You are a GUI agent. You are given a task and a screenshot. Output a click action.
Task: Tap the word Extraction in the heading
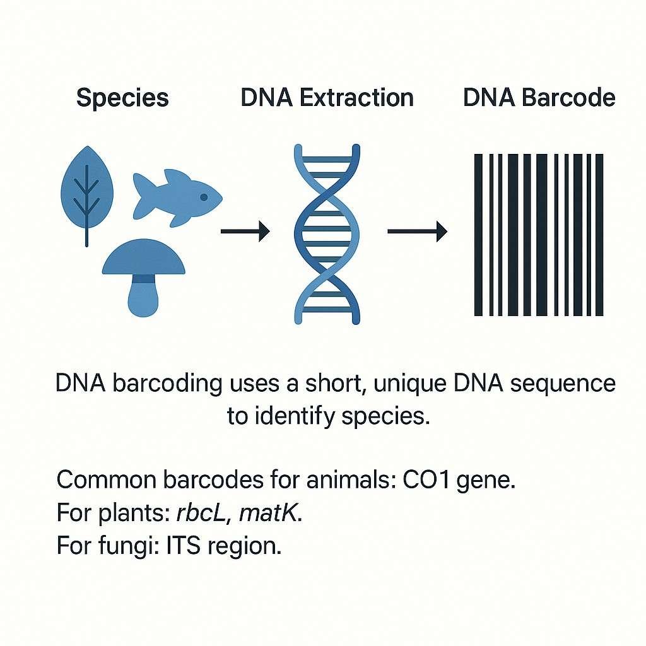coord(356,98)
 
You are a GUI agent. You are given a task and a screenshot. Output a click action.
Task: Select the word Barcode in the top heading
coord(568,98)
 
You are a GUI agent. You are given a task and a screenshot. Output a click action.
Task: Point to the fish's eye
coord(204,197)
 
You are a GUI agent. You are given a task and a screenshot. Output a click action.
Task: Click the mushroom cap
coord(143,257)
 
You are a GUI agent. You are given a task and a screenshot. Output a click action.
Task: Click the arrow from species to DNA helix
coord(245,231)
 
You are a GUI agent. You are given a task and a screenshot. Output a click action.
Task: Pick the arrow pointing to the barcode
coord(418,231)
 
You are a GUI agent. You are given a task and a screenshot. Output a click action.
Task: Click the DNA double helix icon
coord(327,234)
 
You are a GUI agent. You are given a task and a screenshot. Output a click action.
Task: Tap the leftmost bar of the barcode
coord(478,235)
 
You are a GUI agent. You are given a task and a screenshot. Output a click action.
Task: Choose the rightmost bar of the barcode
coord(599,235)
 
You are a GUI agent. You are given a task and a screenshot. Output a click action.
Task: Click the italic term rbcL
coord(202,513)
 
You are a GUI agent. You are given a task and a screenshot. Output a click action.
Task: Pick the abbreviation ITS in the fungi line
coord(184,546)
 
